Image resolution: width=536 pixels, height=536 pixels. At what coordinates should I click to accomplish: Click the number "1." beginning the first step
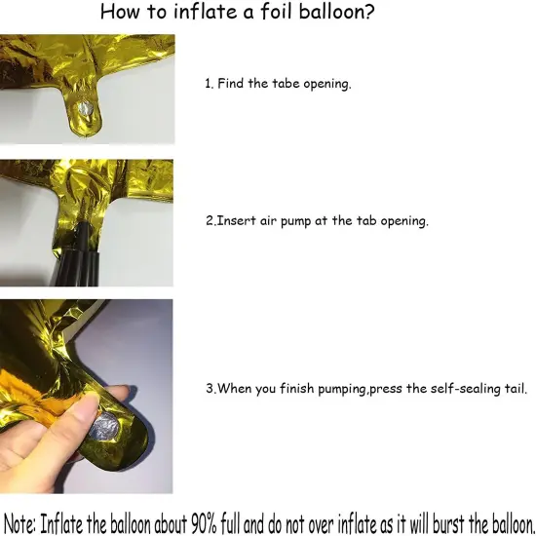[x=210, y=84]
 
